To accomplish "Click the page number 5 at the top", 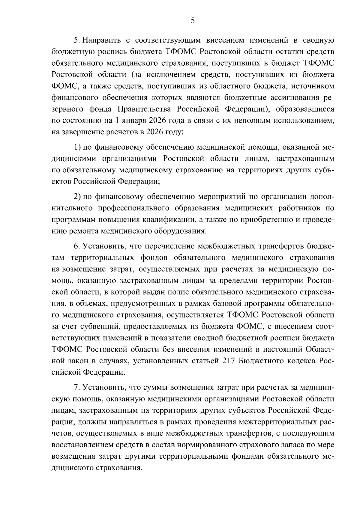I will click(193, 21).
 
